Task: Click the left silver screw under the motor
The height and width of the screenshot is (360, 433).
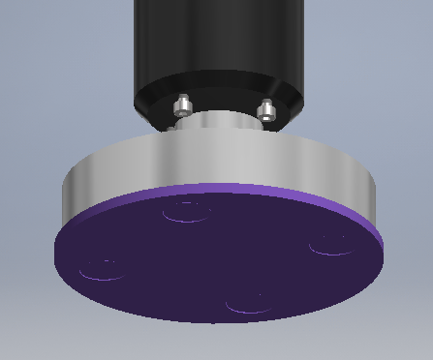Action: pos(182,105)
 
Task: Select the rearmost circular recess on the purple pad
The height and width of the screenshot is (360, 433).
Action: pos(186,211)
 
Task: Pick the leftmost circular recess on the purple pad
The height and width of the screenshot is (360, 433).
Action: pos(102,268)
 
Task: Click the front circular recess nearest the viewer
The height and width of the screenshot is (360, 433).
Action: pos(248,303)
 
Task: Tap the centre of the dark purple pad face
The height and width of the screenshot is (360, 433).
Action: pos(218,256)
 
